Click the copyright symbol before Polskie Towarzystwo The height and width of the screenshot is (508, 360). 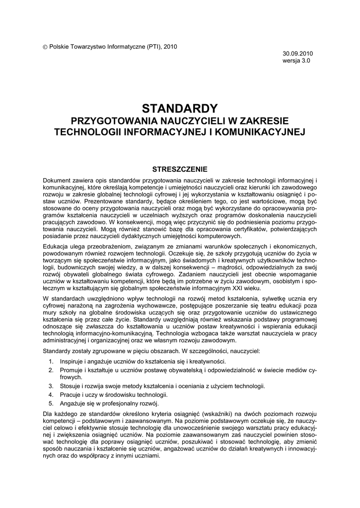click(x=46, y=47)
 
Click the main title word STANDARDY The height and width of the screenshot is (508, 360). click(x=180, y=108)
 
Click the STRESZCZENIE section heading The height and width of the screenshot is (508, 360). click(x=180, y=169)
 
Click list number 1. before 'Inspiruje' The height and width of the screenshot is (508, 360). click(x=51, y=361)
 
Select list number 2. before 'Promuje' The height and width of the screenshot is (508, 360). click(x=51, y=370)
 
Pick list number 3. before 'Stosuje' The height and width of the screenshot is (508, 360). click(x=51, y=386)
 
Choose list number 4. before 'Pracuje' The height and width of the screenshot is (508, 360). click(x=51, y=395)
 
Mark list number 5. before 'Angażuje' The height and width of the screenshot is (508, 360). click(x=51, y=404)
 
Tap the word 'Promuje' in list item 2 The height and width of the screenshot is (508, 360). click(x=71, y=370)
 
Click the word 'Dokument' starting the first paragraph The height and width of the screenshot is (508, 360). click(x=58, y=180)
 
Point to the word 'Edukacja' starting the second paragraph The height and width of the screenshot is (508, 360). click(x=57, y=247)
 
